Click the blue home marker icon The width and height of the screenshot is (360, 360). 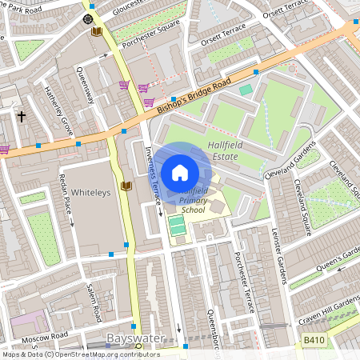[x=180, y=172]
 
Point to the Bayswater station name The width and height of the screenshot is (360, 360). [x=134, y=338]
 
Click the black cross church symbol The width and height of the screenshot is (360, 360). [x=22, y=117]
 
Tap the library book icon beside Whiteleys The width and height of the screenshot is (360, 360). [x=125, y=186]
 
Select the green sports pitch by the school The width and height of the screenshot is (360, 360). [x=177, y=226]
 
